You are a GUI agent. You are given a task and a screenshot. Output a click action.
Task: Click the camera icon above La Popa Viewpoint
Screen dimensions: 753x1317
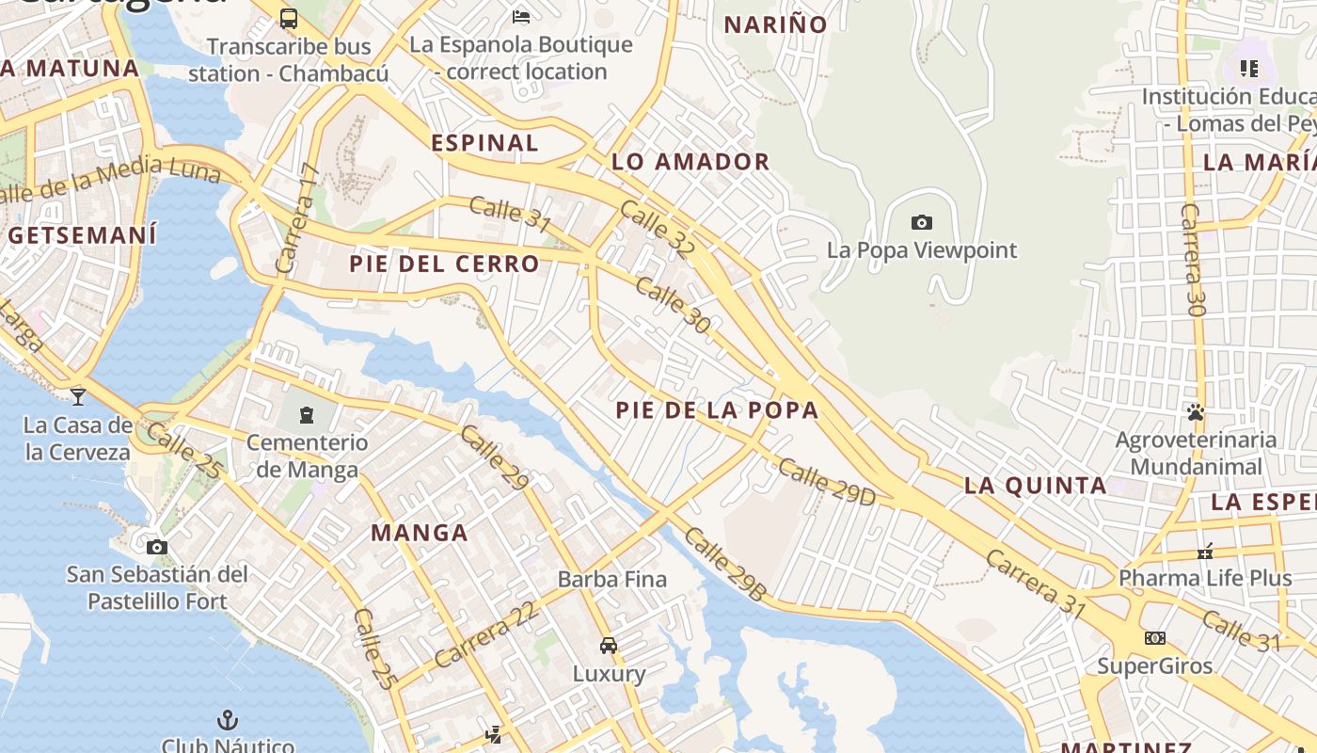pyautogui.click(x=922, y=223)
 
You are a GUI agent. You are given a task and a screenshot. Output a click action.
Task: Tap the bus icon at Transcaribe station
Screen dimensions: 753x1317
pyautogui.click(x=289, y=18)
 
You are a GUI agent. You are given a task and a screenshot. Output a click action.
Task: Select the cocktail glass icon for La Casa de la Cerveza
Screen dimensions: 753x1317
pyautogui.click(x=78, y=396)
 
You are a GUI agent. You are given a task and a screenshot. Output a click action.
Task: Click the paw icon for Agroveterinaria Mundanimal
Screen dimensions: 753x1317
pyautogui.click(x=1196, y=412)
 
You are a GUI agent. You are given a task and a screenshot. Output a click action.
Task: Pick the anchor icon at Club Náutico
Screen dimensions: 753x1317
pyautogui.click(x=227, y=720)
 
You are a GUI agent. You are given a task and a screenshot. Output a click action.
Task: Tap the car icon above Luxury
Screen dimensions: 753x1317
pyautogui.click(x=609, y=646)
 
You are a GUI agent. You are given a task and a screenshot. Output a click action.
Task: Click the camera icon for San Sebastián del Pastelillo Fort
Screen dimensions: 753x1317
pyautogui.click(x=157, y=547)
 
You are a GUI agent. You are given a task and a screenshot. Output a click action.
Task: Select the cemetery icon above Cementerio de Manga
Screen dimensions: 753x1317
pyautogui.click(x=306, y=414)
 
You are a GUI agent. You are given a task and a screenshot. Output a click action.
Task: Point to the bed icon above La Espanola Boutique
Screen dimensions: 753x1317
pyautogui.click(x=521, y=16)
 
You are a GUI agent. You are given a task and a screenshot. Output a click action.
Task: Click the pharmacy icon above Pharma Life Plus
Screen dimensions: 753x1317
pyautogui.click(x=1205, y=551)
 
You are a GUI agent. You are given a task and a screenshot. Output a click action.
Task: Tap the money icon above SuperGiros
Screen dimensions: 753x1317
pyautogui.click(x=1154, y=638)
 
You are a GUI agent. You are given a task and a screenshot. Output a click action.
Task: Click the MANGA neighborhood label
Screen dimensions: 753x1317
pyautogui.click(x=420, y=533)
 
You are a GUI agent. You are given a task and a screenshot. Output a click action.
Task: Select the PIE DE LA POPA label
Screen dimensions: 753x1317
pyautogui.click(x=717, y=410)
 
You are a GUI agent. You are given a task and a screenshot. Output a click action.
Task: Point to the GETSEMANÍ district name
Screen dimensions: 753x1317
pyautogui.click(x=83, y=235)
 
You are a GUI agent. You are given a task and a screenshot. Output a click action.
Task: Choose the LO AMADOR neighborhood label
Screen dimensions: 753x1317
pyautogui.click(x=690, y=162)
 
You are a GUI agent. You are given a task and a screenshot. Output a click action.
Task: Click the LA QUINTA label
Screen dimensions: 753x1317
pyautogui.click(x=1035, y=486)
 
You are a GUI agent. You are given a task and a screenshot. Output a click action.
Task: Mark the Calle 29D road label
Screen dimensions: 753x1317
pyautogui.click(x=826, y=482)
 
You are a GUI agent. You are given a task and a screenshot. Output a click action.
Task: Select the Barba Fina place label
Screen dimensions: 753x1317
pyautogui.click(x=612, y=580)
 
